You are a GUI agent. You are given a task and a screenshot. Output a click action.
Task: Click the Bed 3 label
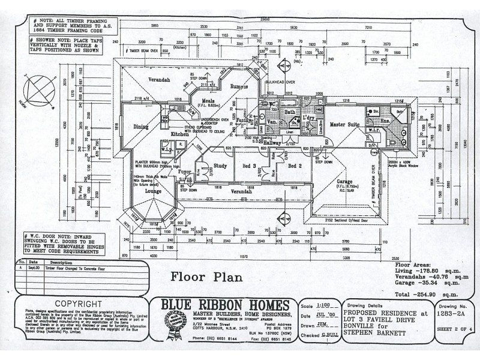[x=250, y=166]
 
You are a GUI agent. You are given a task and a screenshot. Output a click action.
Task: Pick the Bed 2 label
[x=293, y=166]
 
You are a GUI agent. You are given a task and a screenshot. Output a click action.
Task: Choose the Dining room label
[x=141, y=127]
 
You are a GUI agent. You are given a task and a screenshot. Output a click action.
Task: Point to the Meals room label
[x=208, y=100]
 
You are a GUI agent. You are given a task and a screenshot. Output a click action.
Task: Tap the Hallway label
[x=272, y=143]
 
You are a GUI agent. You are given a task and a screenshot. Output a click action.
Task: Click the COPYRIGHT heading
[x=78, y=304]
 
